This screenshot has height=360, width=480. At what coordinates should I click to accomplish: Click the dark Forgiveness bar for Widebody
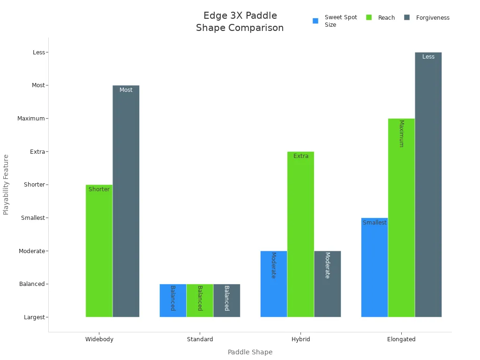pos(126,202)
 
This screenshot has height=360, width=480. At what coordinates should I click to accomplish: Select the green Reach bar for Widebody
pos(99,251)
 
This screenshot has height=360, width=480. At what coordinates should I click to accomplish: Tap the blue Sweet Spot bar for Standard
pos(172,300)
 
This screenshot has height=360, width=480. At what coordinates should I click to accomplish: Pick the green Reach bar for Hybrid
pos(300,234)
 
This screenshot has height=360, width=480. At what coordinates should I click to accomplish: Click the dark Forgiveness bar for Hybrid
pos(327,284)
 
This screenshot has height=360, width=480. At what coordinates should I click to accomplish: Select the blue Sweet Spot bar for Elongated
pos(374,267)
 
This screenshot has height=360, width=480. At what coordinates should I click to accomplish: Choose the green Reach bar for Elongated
pos(401,218)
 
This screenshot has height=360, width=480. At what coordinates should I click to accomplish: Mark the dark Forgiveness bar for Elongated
pos(428,185)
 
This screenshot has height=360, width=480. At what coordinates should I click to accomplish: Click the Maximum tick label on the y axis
pos(31,119)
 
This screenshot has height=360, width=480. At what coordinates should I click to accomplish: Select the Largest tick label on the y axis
pos(34,317)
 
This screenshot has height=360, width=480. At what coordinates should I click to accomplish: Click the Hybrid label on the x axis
pos(300,339)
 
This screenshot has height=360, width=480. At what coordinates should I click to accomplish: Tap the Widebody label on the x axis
pos(99,339)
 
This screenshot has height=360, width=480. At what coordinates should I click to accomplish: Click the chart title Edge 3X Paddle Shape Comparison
pos(240,22)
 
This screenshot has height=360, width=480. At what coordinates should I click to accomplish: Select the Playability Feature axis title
pos(6,185)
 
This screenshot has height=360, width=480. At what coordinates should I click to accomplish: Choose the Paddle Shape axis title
pos(250,352)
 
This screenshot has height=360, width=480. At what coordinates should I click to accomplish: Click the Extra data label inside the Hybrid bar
pos(300,156)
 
